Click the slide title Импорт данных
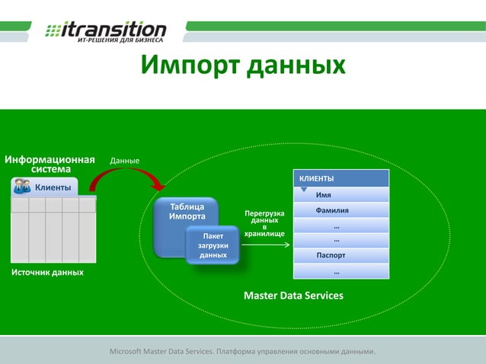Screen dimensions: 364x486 (243, 65)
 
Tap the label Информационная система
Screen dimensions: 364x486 (50, 164)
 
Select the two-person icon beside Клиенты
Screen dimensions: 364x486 (22, 187)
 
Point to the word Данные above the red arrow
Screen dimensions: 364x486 (125, 161)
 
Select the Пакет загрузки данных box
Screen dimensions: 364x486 (213, 245)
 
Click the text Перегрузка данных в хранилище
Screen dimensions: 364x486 (264, 223)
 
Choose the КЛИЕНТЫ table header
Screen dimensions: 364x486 (341, 178)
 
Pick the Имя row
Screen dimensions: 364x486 (334, 195)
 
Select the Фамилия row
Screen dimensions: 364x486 (333, 210)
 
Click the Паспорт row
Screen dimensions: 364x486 (331, 255)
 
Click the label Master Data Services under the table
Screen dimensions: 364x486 (293, 295)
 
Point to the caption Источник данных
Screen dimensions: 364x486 (47, 272)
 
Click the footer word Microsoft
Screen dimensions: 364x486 (131, 352)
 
